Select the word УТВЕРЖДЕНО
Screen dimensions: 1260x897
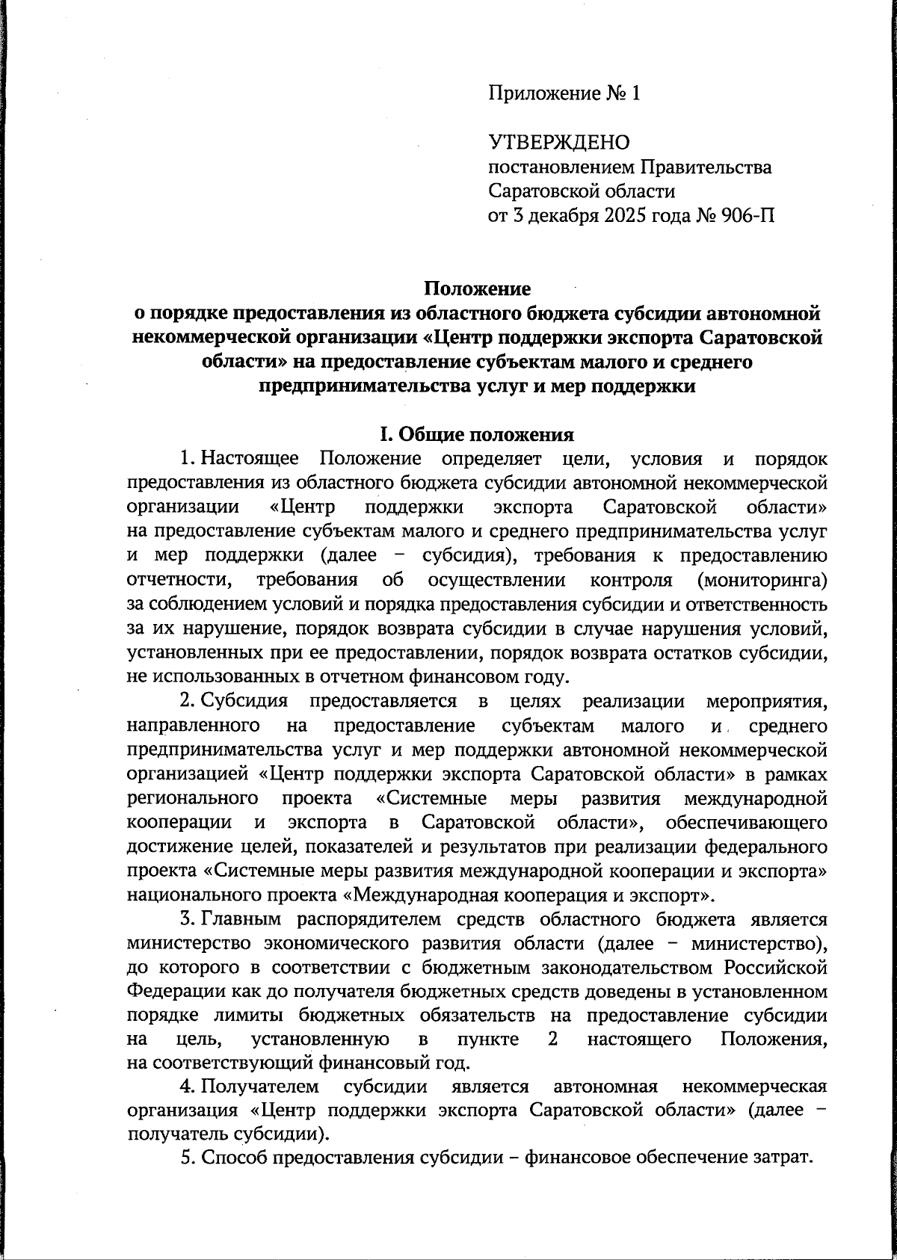(559, 142)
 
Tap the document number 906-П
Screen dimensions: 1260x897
(748, 216)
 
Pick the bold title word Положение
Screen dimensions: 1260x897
(478, 288)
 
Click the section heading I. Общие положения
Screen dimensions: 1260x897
(478, 435)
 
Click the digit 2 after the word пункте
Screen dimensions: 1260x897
(553, 1041)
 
